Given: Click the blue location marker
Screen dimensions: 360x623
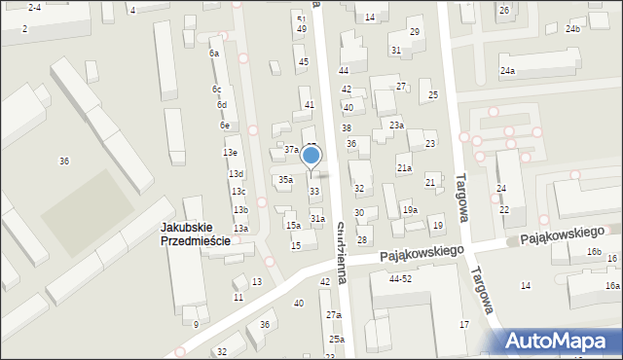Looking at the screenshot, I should click(x=311, y=156).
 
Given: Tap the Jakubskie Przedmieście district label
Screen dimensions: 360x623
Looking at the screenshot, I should click(x=196, y=234).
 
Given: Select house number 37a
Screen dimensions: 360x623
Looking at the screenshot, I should click(x=291, y=150).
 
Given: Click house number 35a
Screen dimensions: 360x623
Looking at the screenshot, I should click(x=285, y=180).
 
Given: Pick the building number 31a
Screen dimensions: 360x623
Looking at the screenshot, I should click(x=317, y=219).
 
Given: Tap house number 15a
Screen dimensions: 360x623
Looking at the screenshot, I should click(x=292, y=225).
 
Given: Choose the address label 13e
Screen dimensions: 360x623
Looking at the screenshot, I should click(x=230, y=153).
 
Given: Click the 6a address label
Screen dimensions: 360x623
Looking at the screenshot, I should click(x=214, y=54).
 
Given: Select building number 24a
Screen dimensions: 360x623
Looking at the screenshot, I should click(x=507, y=71).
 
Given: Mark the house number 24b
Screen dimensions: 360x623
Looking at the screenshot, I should click(x=572, y=29).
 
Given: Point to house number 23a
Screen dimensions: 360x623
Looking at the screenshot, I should click(x=396, y=125).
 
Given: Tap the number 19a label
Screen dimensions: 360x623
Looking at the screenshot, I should click(x=411, y=210).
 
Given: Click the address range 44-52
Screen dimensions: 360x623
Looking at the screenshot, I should click(x=400, y=278).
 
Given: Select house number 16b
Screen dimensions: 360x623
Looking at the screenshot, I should click(x=594, y=253).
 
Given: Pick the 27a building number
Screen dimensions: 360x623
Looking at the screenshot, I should click(x=334, y=315).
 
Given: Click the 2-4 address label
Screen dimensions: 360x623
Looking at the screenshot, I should click(x=34, y=7).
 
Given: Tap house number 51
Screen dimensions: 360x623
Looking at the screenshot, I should click(x=301, y=19).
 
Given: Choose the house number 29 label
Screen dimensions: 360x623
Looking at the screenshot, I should click(x=414, y=32).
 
